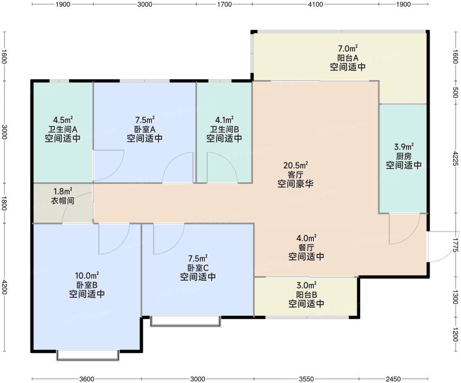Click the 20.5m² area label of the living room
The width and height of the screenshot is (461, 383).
click(x=295, y=165)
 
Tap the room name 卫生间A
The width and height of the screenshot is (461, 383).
click(x=63, y=129)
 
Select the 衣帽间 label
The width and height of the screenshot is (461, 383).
click(x=63, y=201)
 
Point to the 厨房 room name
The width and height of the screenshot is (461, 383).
click(x=404, y=156)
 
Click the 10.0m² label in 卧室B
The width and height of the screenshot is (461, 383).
click(x=87, y=275)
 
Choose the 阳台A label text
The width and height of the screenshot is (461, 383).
click(x=348, y=58)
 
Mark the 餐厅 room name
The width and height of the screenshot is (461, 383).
click(x=306, y=247)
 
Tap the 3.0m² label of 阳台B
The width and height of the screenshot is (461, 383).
click(x=306, y=285)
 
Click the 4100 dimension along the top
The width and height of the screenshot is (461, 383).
click(x=315, y=4)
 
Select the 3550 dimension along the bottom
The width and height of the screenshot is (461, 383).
click(x=306, y=379)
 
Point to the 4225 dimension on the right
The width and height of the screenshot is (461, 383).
click(x=456, y=159)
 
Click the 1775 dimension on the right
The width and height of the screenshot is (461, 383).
click(x=456, y=245)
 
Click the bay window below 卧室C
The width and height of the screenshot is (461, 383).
click(x=185, y=321)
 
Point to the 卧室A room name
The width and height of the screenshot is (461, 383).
click(x=145, y=129)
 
